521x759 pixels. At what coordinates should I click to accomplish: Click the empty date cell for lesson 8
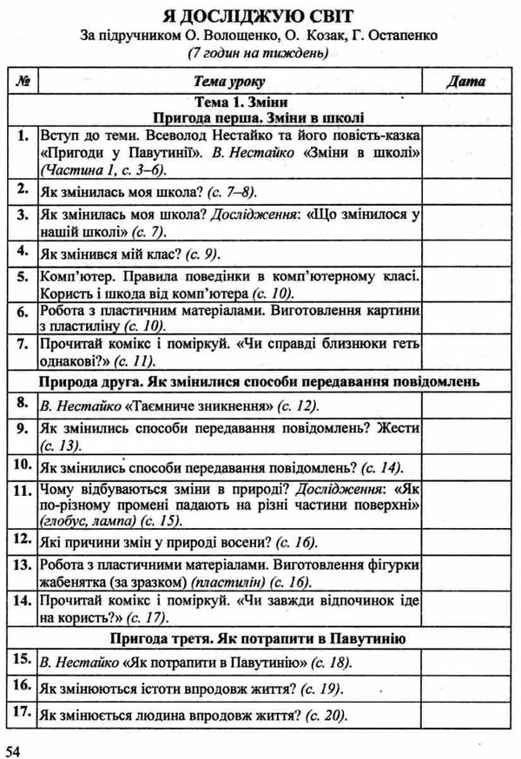(x=465, y=405)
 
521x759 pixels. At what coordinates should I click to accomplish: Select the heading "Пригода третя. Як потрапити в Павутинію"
(x=259, y=640)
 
